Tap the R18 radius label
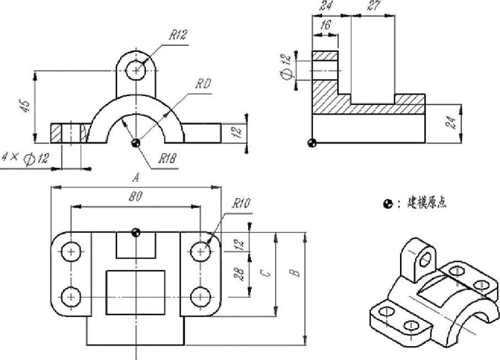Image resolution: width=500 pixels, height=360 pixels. [167, 159]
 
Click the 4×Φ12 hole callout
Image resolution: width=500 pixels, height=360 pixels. [25, 158]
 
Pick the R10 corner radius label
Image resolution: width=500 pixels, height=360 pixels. [241, 204]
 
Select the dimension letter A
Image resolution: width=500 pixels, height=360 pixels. [135, 178]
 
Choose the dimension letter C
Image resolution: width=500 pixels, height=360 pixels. [265, 272]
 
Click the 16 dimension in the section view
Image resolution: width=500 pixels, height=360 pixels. [325, 26]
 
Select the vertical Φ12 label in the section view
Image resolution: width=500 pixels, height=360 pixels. [286, 67]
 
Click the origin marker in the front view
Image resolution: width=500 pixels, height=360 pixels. [136, 143]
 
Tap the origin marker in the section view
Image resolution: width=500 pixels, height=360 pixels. [313, 143]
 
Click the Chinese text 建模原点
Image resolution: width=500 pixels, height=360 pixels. [427, 203]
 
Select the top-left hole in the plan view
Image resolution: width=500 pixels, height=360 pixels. [71, 252]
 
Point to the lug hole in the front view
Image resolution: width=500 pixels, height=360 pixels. [136, 70]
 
